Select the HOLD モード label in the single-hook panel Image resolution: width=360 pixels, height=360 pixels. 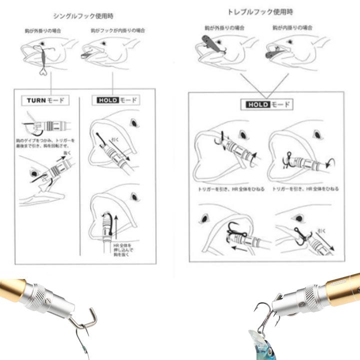[116, 100]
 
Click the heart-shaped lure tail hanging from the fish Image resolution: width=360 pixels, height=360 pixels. [44, 71]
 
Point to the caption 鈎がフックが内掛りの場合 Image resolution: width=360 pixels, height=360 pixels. [118, 30]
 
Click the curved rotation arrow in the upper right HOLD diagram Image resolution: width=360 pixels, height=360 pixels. [329, 162]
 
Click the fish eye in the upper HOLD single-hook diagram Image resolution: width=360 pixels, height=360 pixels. [133, 123]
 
